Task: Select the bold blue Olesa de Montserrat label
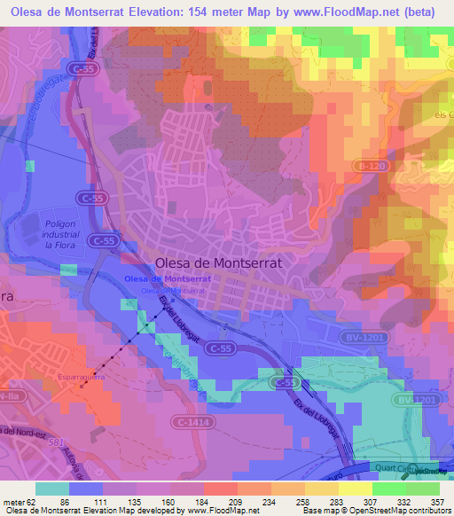click(x=168, y=278)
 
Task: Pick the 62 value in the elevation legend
click(x=32, y=501)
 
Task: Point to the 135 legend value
click(x=133, y=501)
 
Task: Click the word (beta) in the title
click(x=421, y=11)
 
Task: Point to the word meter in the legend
click(x=12, y=501)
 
